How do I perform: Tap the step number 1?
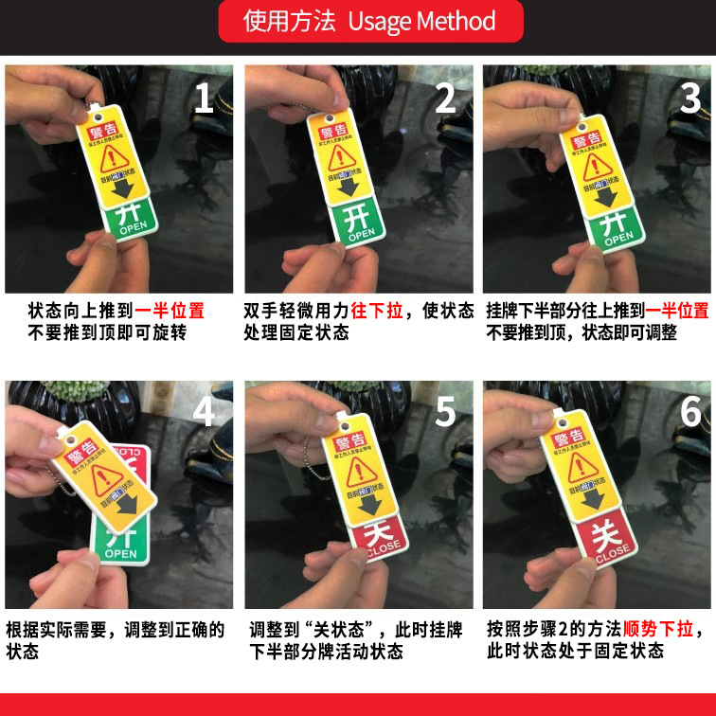[205, 98]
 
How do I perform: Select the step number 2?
[445, 98]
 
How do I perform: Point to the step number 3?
[689, 98]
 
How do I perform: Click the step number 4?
[205, 412]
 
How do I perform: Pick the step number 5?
[445, 412]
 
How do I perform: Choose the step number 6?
[689, 412]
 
